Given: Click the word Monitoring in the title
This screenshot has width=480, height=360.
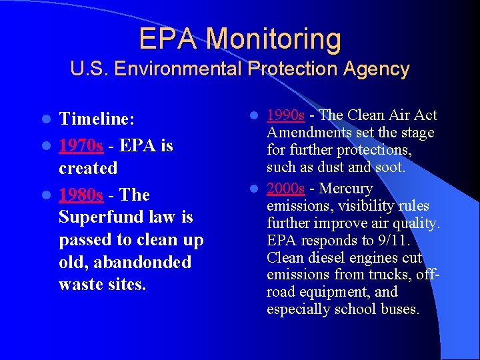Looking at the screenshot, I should click(273, 39).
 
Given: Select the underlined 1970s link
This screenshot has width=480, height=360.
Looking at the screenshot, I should click(81, 145).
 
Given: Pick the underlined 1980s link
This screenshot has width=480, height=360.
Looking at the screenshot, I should click(81, 195).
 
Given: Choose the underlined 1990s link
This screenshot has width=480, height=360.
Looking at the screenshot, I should click(285, 115).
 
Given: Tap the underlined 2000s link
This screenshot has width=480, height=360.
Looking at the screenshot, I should click(285, 189).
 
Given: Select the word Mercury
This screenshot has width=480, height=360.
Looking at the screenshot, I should click(348, 189).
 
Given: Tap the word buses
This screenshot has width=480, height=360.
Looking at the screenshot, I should click(398, 309).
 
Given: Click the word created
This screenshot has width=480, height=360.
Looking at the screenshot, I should click(87, 168).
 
